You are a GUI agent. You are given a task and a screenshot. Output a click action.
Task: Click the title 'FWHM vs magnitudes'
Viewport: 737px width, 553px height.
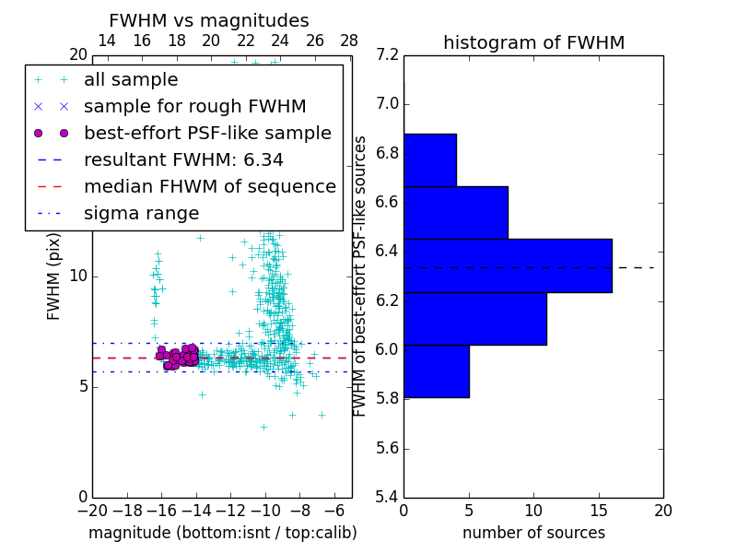click(x=209, y=21)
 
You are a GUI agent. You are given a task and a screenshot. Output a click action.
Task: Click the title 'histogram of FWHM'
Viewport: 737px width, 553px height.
click(x=533, y=42)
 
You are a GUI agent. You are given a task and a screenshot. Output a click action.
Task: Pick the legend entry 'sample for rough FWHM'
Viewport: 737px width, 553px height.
click(x=194, y=106)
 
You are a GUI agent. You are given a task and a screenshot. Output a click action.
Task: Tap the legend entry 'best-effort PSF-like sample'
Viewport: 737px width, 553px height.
click(x=207, y=133)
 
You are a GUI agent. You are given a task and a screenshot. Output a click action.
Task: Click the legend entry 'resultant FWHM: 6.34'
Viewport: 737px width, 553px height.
click(x=183, y=159)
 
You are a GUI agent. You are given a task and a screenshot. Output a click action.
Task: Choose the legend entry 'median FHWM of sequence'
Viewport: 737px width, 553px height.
click(x=209, y=186)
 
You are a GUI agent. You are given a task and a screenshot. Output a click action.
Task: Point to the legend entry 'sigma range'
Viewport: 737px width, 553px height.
click(x=141, y=213)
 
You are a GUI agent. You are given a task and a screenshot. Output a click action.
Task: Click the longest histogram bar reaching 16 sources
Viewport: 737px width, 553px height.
click(x=508, y=265)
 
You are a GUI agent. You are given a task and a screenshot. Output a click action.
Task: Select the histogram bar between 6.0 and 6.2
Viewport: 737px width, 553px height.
click(x=475, y=318)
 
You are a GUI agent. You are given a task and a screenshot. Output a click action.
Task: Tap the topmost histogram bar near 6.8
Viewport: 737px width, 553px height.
click(x=430, y=159)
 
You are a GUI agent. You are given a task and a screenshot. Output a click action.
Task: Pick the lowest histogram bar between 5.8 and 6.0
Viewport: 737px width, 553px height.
click(x=437, y=371)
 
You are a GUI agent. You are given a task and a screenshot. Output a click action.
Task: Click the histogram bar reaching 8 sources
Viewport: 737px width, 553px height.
click(x=456, y=212)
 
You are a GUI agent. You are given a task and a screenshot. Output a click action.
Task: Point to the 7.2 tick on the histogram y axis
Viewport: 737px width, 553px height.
click(x=387, y=55)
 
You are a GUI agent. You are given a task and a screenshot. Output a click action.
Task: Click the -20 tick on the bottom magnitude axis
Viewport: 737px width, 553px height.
click(x=92, y=511)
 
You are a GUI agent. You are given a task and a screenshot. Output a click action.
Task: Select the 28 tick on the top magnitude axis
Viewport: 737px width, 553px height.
click(x=349, y=41)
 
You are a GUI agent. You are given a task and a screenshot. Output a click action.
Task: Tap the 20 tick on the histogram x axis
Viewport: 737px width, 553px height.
click(x=662, y=511)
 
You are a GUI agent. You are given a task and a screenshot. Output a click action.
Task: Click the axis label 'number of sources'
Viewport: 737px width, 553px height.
click(x=533, y=533)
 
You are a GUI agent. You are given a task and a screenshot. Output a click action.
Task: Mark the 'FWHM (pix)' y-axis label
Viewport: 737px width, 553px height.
click(x=54, y=275)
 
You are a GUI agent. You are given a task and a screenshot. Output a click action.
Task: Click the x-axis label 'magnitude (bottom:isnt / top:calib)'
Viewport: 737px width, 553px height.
click(x=222, y=533)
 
